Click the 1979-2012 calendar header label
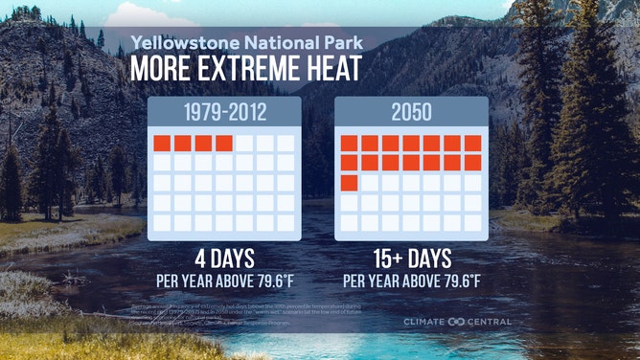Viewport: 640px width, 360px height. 224,112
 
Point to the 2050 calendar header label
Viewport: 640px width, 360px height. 411,112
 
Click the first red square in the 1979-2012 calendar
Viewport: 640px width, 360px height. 162,144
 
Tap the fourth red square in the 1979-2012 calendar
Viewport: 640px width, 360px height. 224,144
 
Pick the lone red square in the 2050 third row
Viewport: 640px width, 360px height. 349,182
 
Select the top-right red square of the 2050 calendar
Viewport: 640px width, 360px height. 472,144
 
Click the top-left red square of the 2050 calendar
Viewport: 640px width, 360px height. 349,144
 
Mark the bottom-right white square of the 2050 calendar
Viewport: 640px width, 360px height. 472,222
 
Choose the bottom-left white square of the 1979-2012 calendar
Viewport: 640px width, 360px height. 162,222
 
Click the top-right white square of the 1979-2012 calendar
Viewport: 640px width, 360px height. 286,144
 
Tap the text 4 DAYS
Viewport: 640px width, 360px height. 224,261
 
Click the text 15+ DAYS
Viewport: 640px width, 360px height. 411,261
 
